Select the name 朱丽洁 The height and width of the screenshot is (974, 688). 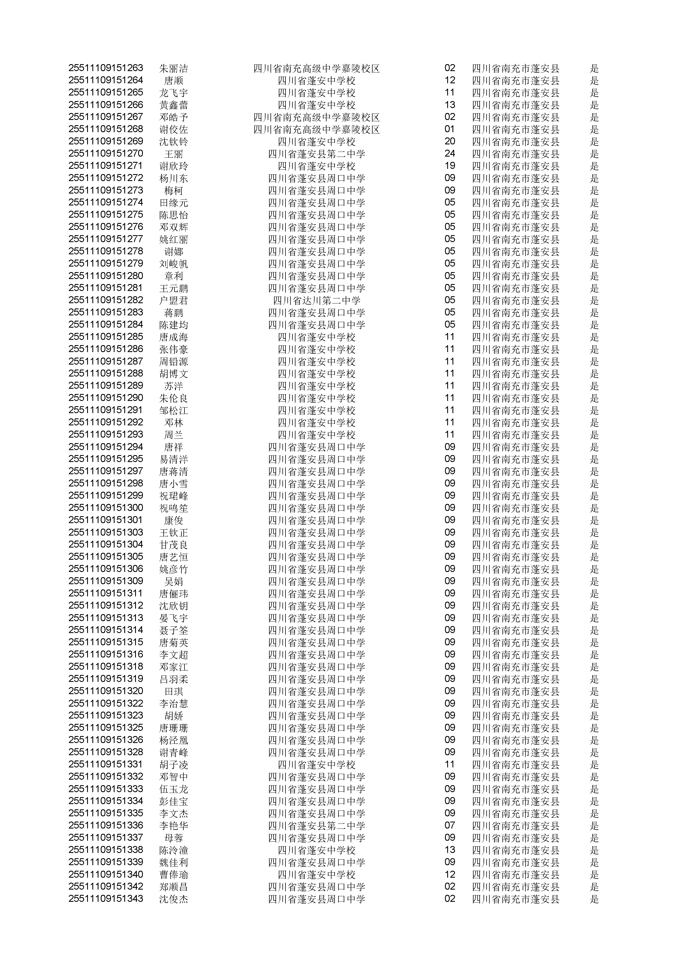(x=173, y=68)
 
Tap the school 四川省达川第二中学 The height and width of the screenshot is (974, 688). (x=316, y=301)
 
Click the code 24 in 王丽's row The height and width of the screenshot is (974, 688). (x=450, y=154)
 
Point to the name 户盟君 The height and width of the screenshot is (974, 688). (x=173, y=301)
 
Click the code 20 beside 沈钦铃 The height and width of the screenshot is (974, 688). (x=450, y=141)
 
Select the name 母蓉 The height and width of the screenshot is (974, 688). (x=173, y=838)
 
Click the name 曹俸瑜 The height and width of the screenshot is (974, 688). (x=173, y=875)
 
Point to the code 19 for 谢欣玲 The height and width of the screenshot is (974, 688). (x=450, y=166)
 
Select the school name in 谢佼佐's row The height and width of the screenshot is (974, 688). (x=316, y=129)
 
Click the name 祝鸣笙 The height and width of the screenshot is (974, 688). (x=173, y=508)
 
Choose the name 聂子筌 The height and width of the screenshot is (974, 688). (x=173, y=630)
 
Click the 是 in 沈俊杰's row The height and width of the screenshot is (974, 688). (x=594, y=899)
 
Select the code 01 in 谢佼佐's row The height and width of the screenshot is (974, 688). (x=450, y=129)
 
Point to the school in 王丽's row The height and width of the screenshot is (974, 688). (x=316, y=154)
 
